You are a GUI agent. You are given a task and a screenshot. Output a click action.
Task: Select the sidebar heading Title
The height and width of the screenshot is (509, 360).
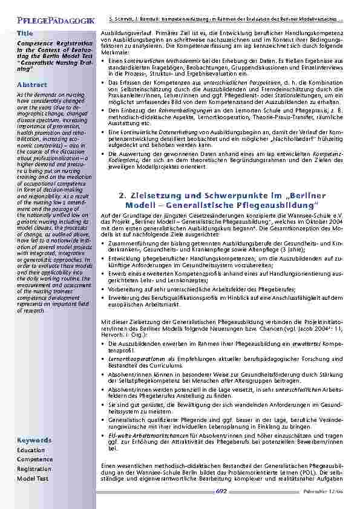tap(25, 32)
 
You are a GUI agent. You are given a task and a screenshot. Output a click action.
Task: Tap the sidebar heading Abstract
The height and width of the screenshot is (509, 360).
tap(28, 85)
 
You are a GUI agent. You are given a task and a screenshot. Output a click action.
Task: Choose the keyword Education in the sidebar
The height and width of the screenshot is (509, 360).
tap(31, 450)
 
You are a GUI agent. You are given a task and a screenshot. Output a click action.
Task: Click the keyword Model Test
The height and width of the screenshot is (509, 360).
tap(33, 478)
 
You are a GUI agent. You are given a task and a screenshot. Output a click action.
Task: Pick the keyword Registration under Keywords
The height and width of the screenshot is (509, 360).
tap(34, 468)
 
